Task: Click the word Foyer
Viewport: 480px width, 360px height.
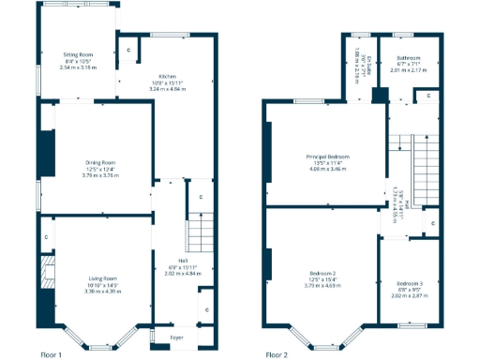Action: point(175,336)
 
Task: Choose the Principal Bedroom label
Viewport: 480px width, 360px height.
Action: point(327,157)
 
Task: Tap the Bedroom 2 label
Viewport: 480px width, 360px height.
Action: point(322,274)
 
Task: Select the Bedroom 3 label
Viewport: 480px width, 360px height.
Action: point(409,283)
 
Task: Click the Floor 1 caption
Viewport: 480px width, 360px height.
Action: point(52,355)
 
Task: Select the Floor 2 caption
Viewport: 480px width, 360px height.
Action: point(277,355)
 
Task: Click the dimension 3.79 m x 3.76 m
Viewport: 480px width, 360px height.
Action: point(93,174)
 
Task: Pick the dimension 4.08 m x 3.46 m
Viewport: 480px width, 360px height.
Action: point(327,169)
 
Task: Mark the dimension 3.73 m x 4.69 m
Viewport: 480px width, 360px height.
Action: point(322,286)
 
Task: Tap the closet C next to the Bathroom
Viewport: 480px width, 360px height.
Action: point(427,95)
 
